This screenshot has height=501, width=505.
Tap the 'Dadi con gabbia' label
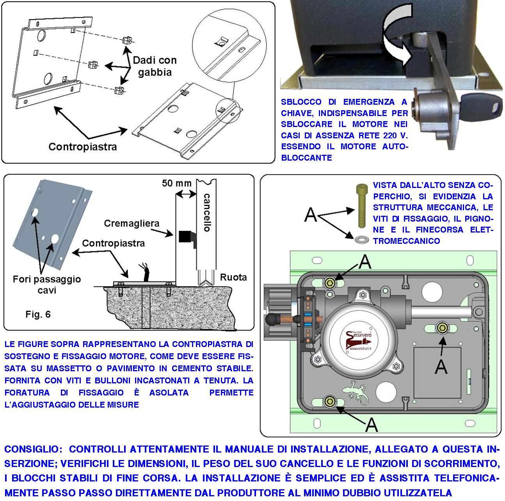click(155, 66)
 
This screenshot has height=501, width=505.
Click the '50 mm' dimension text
click(177, 183)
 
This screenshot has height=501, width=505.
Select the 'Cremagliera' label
click(132, 223)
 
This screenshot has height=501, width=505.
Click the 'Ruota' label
click(233, 277)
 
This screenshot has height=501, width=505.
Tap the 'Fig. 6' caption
click(38, 314)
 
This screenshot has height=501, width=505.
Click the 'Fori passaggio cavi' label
click(47, 284)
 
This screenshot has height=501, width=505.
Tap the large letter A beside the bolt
click(311, 215)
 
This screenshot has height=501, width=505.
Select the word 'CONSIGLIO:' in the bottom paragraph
click(33, 449)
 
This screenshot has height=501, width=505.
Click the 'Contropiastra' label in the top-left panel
click(82, 147)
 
